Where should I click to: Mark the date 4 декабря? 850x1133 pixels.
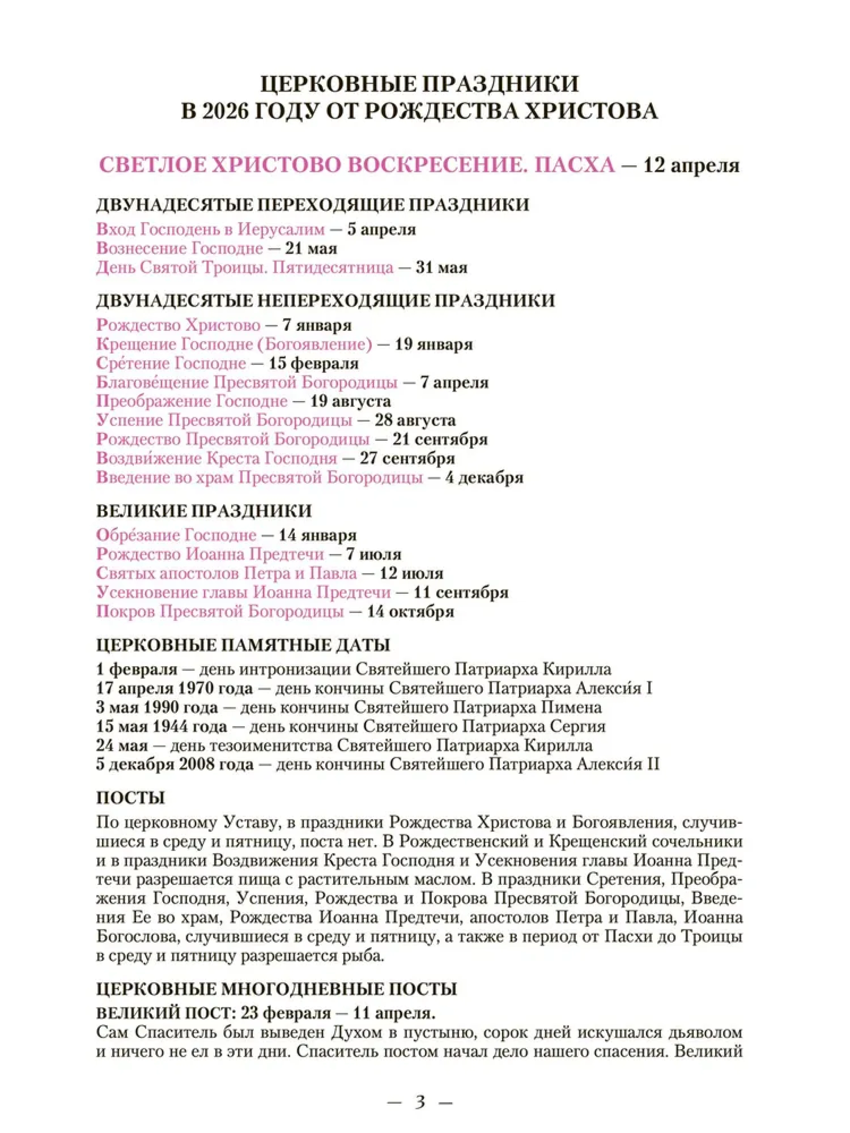(x=484, y=478)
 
